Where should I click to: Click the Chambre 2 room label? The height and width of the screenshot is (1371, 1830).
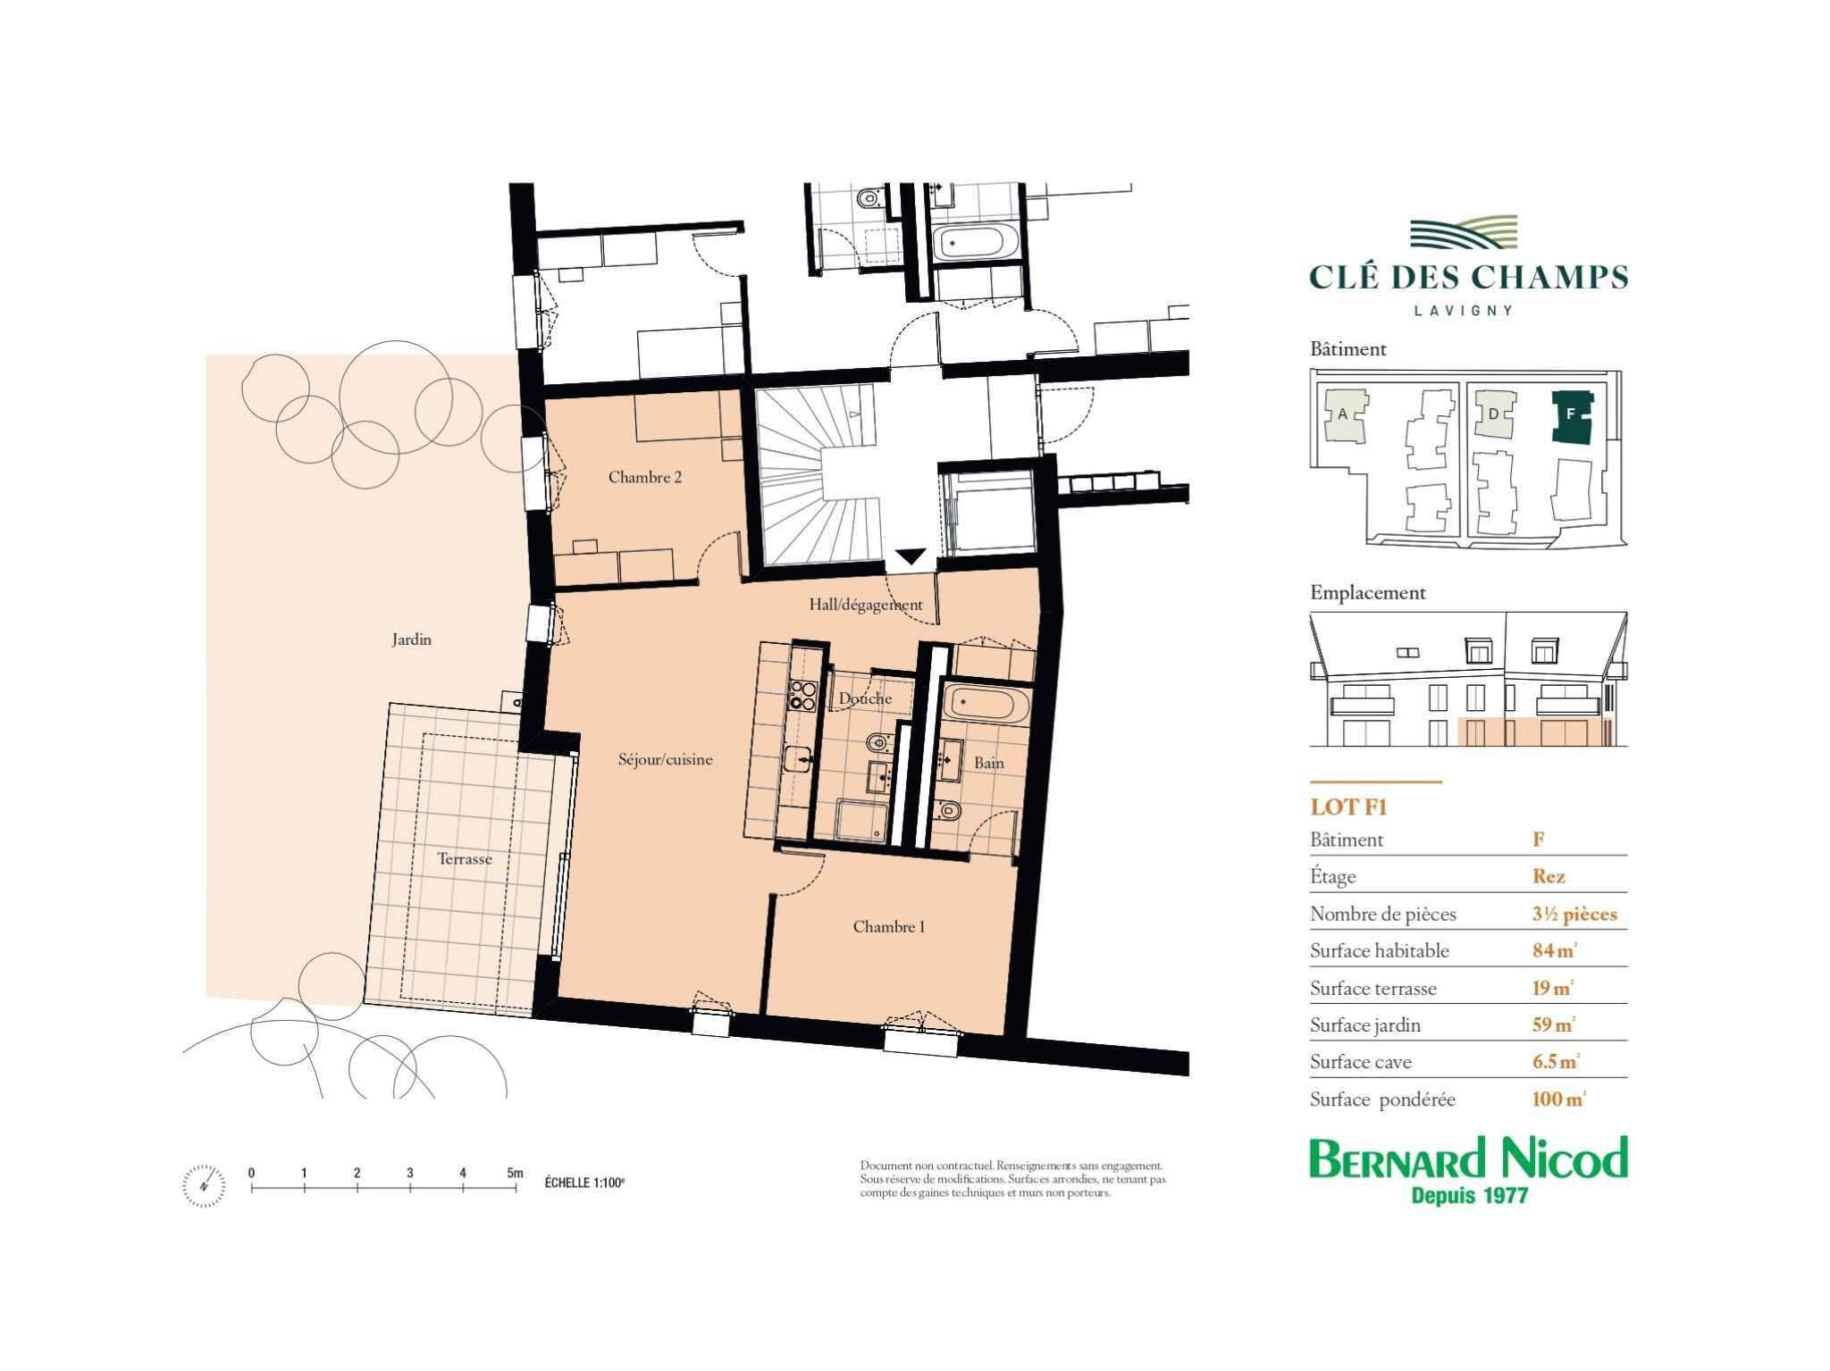tap(645, 477)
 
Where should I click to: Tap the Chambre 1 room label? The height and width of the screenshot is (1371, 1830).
tap(889, 926)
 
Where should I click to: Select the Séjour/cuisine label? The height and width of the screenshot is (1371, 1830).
tap(666, 760)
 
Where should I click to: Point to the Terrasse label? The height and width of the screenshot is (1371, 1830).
tap(465, 858)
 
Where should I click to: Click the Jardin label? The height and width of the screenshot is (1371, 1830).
tap(411, 640)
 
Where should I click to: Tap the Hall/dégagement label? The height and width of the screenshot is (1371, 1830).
tap(866, 605)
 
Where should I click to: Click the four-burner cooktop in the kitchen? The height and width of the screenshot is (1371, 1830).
tap(802, 696)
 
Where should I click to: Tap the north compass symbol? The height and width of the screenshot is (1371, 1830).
tap(205, 1185)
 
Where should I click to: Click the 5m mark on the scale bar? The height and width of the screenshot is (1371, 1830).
tap(515, 1173)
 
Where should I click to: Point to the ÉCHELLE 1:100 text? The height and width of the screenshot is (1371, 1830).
tap(584, 1183)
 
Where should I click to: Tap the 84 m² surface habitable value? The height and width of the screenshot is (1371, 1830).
tap(1555, 950)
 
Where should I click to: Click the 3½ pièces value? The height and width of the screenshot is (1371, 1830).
tap(1574, 914)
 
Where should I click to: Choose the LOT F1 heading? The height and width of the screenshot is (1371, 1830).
tap(1348, 807)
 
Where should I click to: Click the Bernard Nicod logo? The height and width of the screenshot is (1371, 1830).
tap(1469, 1170)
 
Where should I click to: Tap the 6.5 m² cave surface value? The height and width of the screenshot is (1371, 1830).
tap(1556, 1061)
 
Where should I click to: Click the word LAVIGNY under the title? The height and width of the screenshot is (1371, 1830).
tap(1464, 311)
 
